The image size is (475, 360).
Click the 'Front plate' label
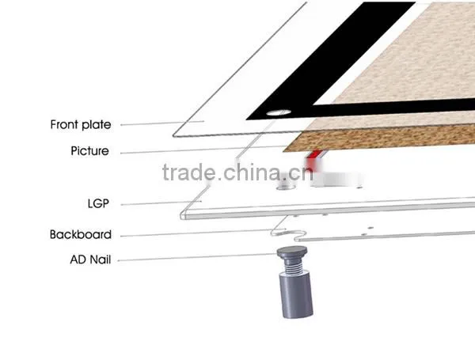click(81, 125)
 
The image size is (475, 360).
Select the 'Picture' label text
click(89, 151)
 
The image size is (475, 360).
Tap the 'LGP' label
click(98, 203)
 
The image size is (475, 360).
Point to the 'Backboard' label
click(81, 235)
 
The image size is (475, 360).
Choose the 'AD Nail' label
click(90, 260)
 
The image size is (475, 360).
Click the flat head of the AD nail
click(292, 251)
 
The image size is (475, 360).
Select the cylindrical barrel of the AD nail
click(295, 295)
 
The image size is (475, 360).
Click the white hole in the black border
click(279, 112)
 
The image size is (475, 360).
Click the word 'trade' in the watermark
click(188, 172)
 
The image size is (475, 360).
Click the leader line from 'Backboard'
click(203, 233)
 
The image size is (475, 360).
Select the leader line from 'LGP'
click(161, 203)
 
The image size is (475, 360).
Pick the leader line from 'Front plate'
click(162, 123)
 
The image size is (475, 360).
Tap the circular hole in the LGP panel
click(285, 188)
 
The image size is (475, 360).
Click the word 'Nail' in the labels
click(101, 260)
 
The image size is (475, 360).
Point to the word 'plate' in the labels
click(97, 125)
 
